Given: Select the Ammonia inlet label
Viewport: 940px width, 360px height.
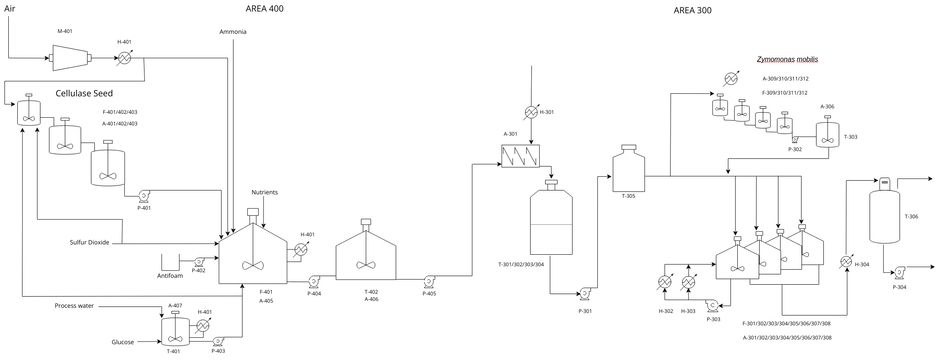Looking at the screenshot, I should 232,32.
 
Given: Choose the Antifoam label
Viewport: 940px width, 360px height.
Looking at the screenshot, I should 169,275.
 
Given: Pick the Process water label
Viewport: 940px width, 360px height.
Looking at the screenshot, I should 73,305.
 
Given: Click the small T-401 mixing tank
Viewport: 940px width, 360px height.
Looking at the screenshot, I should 175,329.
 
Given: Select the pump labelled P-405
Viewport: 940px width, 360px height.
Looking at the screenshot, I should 428,281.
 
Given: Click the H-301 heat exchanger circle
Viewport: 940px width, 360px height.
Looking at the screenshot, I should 531,112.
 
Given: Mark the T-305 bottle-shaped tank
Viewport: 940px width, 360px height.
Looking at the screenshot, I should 628,165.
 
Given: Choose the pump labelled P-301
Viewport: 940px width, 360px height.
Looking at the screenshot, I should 585,294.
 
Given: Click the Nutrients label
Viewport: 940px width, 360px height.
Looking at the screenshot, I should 265,192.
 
